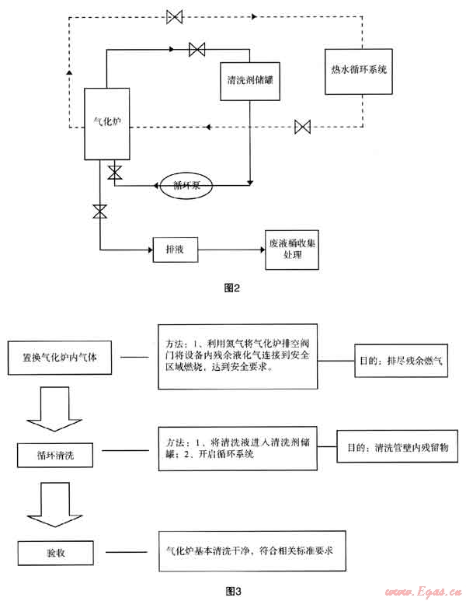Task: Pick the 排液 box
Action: pyautogui.click(x=174, y=250)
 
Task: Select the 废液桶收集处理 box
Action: pyautogui.click(x=291, y=249)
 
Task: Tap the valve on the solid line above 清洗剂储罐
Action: pyautogui.click(x=196, y=50)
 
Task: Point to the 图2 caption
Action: pyautogui.click(x=232, y=288)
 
